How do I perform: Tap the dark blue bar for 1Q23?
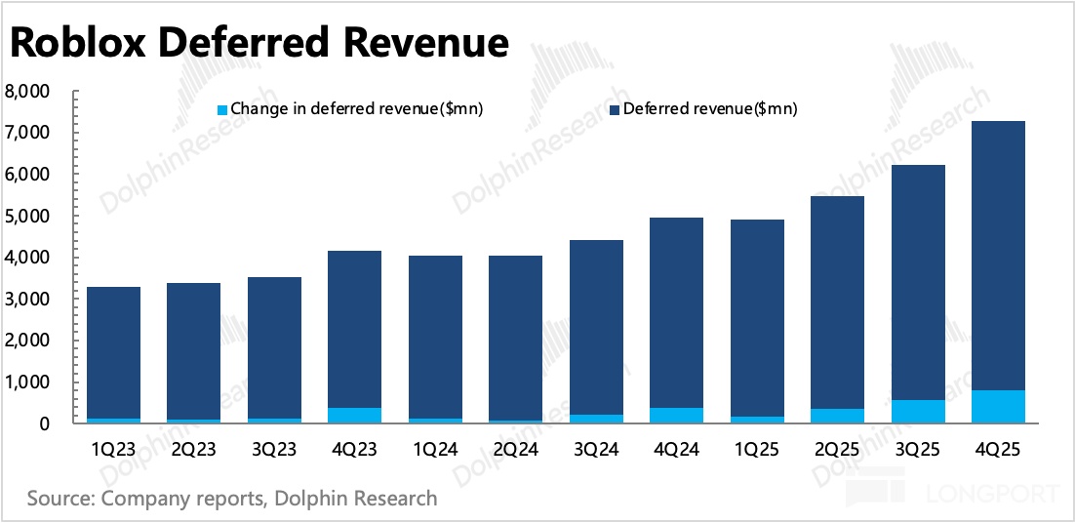tap(113, 351)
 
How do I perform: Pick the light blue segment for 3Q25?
tap(918, 412)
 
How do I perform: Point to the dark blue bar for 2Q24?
tap(515, 337)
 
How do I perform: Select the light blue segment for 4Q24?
tap(676, 416)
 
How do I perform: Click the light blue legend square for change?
tap(220, 109)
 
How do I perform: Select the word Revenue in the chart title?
tap(429, 43)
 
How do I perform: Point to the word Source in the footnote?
tap(61, 499)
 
